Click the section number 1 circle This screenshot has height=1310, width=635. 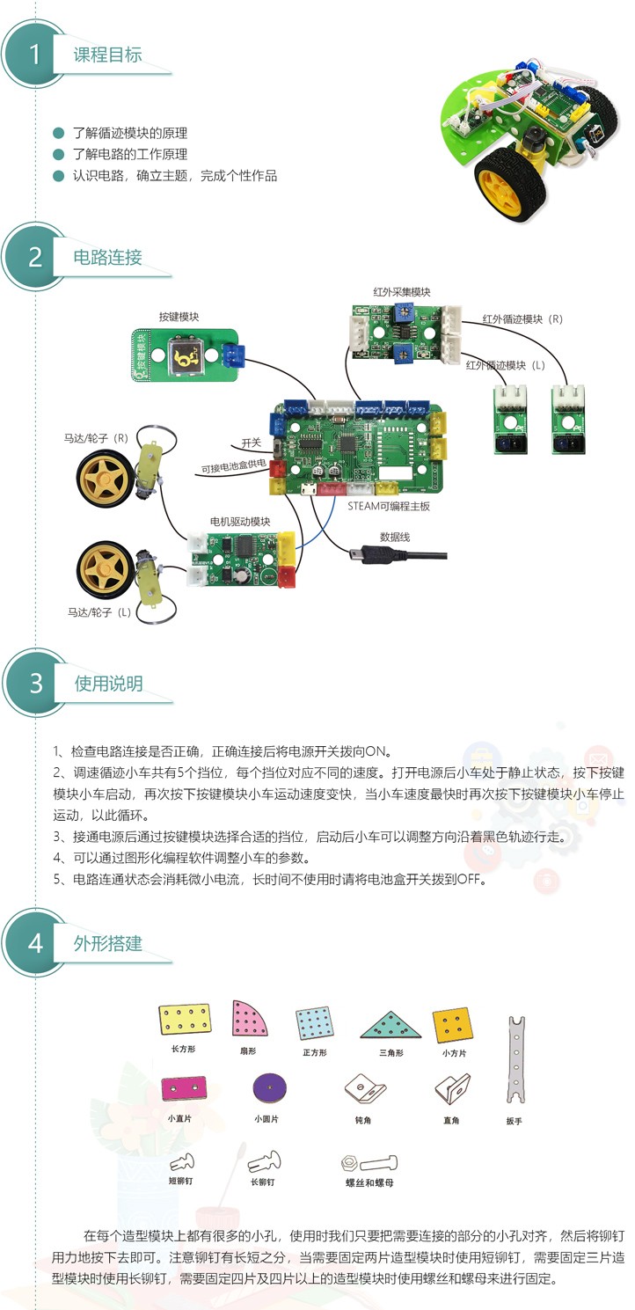click(35, 55)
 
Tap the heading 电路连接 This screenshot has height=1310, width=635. click(108, 257)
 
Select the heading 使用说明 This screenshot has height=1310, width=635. click(108, 684)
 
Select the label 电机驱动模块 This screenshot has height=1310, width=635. click(240, 522)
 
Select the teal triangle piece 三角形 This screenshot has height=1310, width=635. click(391, 1025)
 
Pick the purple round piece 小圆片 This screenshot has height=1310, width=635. click(269, 1089)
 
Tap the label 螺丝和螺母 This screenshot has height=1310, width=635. click(369, 1182)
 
